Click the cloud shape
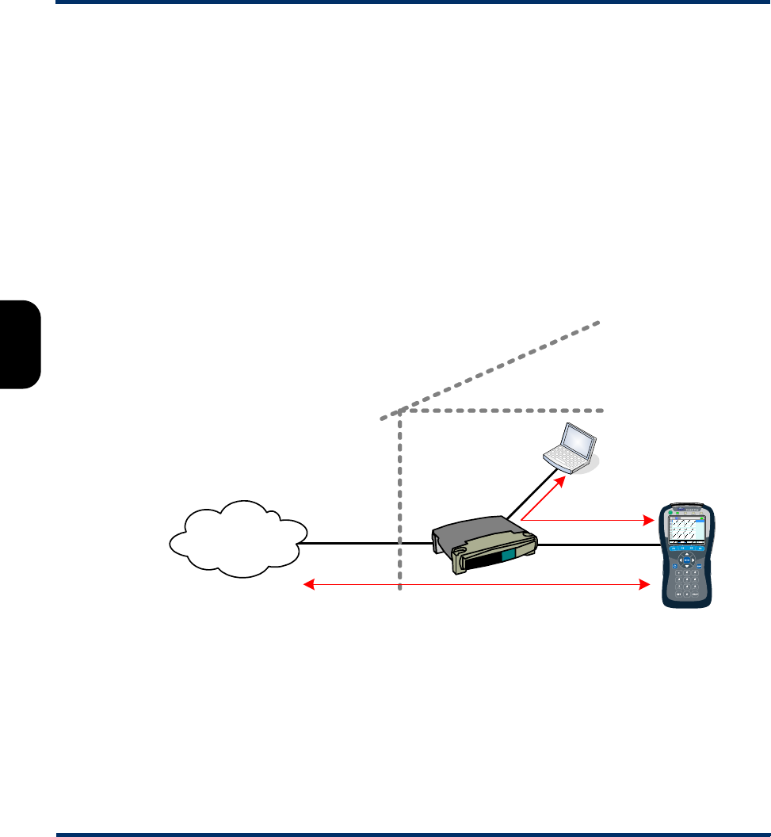pyautogui.click(x=236, y=538)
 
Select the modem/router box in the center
pyautogui.click(x=484, y=547)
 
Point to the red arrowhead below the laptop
pyautogui.click(x=562, y=480)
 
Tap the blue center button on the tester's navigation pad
pyautogui.click(x=686, y=562)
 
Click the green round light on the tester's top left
pyautogui.click(x=670, y=514)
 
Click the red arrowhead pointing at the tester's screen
pyautogui.click(x=647, y=521)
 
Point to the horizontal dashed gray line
pyautogui.click(x=507, y=411)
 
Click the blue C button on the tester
pyautogui.click(x=674, y=566)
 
